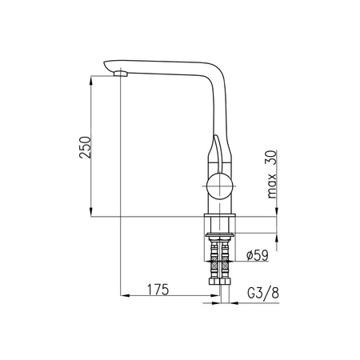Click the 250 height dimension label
(85, 147)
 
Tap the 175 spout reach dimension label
(158, 290)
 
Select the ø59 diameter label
(258, 255)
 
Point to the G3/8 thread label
(263, 293)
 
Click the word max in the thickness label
(272, 186)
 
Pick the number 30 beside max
(272, 158)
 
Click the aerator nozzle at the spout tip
(121, 74)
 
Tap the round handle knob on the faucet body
(220, 186)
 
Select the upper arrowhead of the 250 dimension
(91, 81)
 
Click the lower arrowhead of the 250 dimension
(91, 212)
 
